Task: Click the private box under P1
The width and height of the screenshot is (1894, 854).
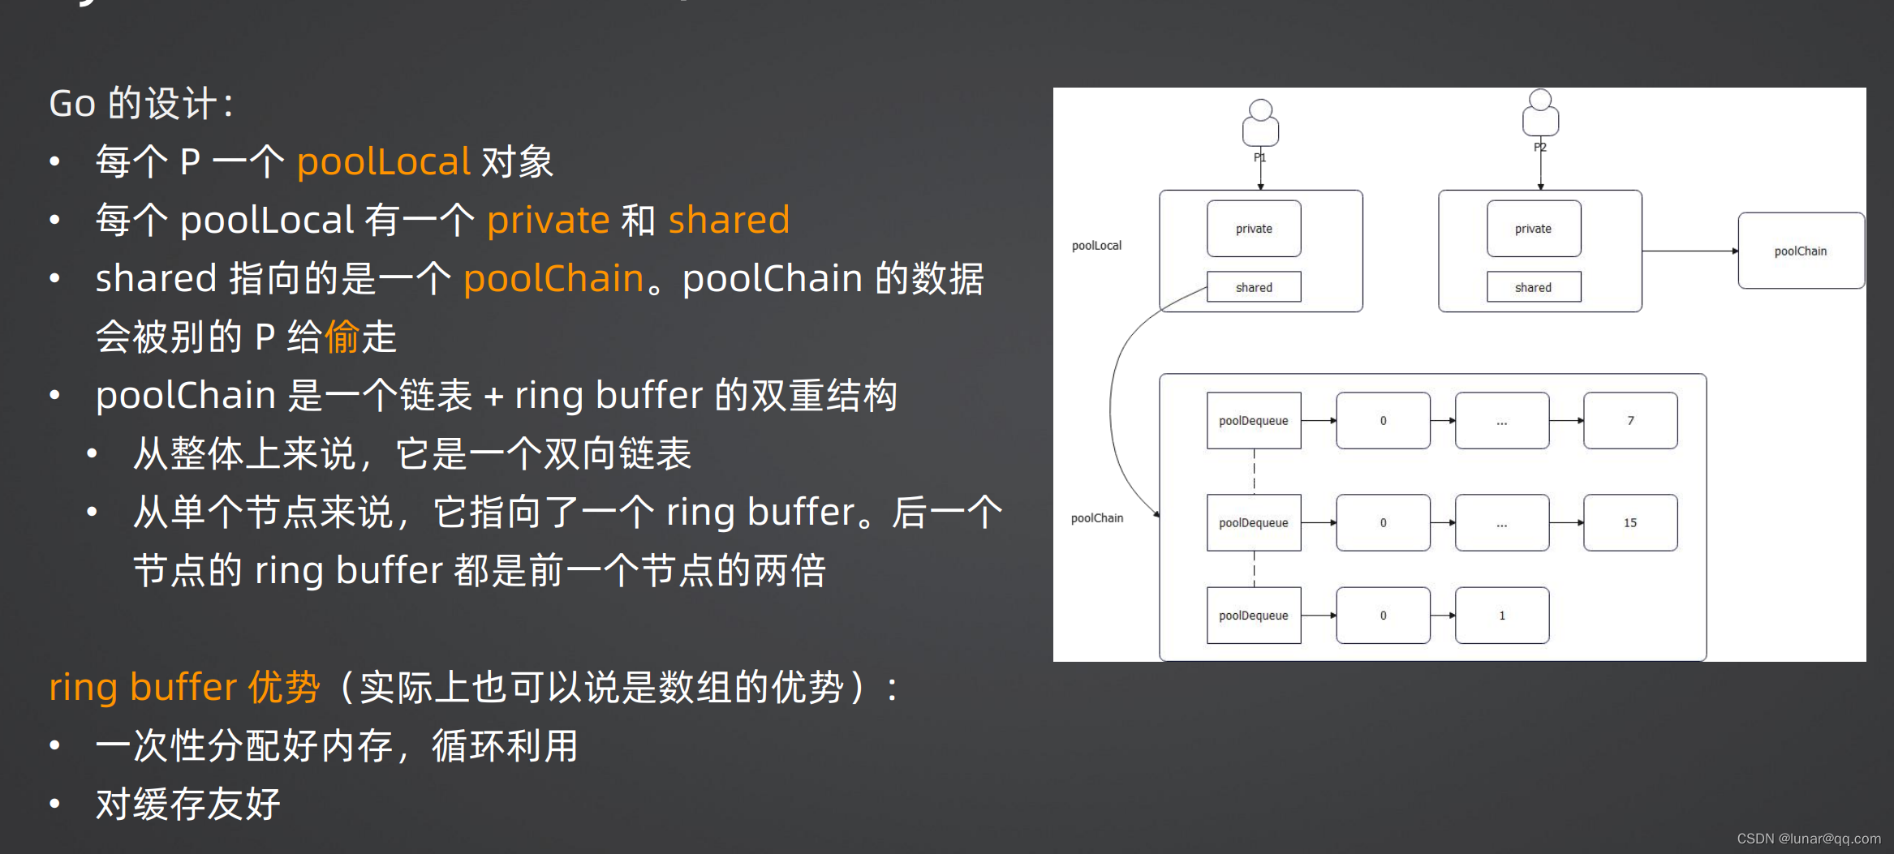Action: click(1254, 229)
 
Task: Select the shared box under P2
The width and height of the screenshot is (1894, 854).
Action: click(1533, 287)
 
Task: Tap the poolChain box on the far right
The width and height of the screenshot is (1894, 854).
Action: click(1800, 251)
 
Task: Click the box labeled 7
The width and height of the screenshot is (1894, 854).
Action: click(1630, 421)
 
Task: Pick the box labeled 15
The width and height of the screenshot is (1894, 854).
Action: click(1630, 523)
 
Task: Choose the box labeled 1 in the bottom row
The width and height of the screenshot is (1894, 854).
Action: click(1501, 616)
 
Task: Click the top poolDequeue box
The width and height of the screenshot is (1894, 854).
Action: click(1254, 421)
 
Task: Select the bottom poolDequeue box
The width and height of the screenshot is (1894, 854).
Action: click(1254, 616)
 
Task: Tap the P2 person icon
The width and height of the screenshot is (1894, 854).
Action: click(1540, 114)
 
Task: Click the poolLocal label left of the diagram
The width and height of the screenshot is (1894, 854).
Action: click(1096, 246)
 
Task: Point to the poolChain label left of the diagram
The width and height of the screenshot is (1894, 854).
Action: click(1096, 518)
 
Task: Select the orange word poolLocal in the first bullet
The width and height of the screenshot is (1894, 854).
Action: click(383, 161)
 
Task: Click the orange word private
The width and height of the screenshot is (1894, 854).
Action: click(548, 220)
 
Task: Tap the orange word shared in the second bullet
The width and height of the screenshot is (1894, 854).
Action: click(729, 220)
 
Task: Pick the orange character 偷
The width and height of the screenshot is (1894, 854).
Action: click(342, 337)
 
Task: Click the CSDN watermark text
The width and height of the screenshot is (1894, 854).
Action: click(1808, 839)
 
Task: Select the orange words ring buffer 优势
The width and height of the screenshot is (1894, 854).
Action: click(184, 687)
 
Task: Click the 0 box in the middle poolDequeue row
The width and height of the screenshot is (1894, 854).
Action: click(1383, 523)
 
